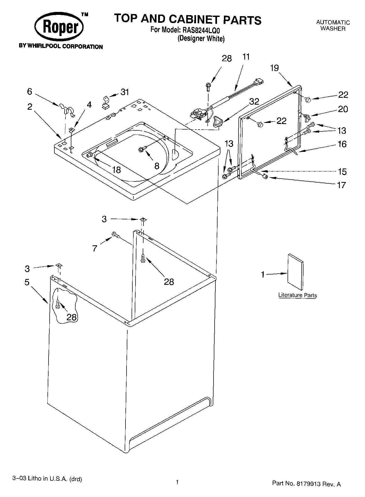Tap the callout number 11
click(x=246, y=57)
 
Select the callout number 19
click(x=275, y=68)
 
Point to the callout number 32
click(x=254, y=101)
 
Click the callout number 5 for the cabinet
click(x=27, y=282)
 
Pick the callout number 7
click(x=95, y=248)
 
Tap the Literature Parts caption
click(x=297, y=295)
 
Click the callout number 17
click(x=342, y=185)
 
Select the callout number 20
click(x=343, y=109)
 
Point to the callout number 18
click(x=116, y=170)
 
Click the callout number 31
click(x=125, y=92)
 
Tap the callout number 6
click(x=29, y=91)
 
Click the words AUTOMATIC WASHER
click(x=333, y=25)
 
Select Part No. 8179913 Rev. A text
click(x=306, y=483)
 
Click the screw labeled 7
click(x=116, y=234)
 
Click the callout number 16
click(x=342, y=144)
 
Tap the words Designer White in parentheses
click(x=201, y=39)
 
